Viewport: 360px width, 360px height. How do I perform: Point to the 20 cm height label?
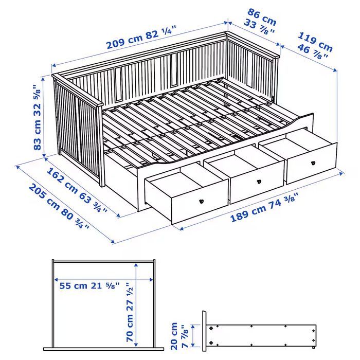[x=174, y=335]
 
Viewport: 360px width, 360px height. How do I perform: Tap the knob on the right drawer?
[x=312, y=163]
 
